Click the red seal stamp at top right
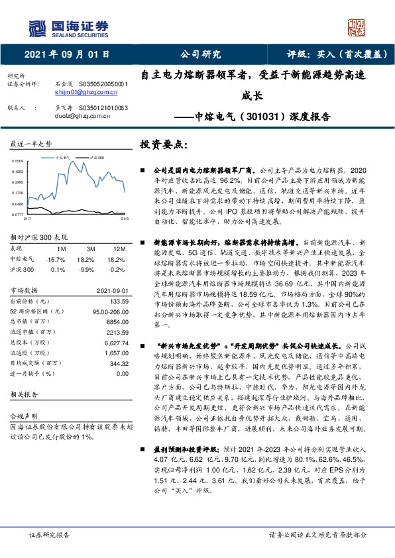coord(359,27)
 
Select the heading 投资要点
coord(165,144)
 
